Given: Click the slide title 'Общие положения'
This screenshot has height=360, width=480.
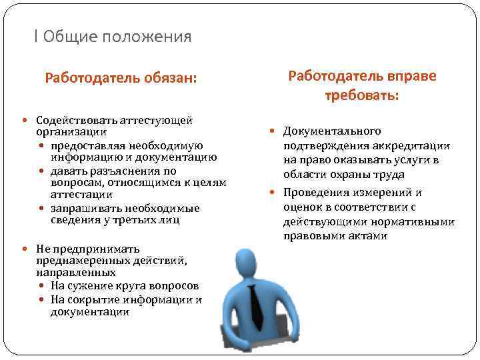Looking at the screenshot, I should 117,37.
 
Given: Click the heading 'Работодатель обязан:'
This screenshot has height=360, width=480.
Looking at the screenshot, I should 121,77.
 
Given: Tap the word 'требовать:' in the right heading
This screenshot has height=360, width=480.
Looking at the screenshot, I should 362,95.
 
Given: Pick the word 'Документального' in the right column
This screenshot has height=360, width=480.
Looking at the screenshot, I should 332,131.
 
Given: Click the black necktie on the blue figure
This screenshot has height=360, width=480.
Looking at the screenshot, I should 256,306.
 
